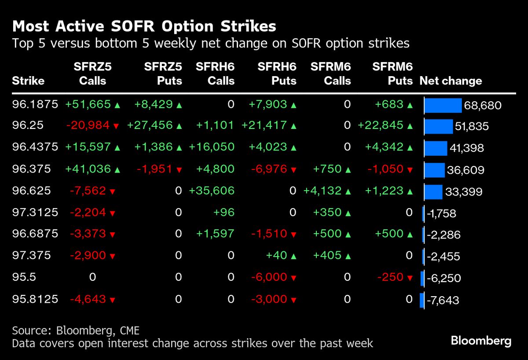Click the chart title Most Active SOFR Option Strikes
point(144,26)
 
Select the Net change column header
point(451,81)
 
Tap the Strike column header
point(28,81)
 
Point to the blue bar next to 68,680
point(443,106)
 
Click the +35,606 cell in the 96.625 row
point(212,191)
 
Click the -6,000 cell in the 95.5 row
point(269,278)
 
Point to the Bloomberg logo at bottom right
point(480,341)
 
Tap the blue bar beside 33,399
point(433,192)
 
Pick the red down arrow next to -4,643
point(113,300)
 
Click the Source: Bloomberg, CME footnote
point(76,331)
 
